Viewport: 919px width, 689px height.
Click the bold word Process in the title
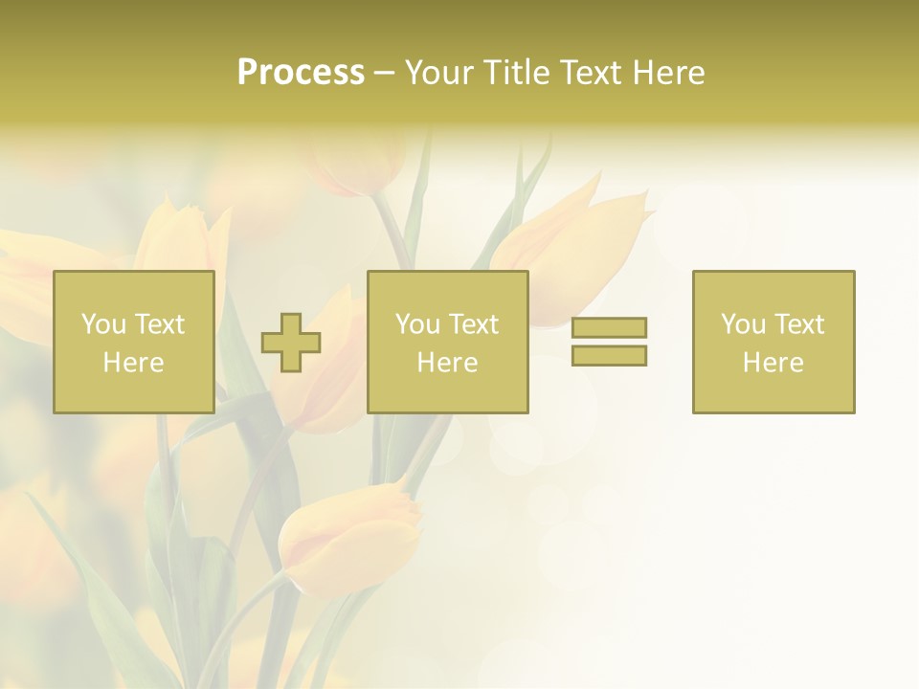301,73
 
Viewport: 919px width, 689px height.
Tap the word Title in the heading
517,73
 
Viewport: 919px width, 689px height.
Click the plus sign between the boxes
291,343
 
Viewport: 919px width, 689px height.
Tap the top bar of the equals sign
609,327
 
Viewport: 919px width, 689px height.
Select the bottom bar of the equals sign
609,356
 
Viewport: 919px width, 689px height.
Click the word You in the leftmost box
103,324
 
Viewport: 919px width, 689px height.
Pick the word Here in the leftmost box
133,363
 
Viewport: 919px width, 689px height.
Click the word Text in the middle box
474,324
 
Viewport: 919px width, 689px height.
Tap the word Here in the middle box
447,363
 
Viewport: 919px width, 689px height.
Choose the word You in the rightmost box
743,324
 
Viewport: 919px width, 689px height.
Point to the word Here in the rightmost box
773,363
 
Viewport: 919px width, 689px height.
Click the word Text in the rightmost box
799,324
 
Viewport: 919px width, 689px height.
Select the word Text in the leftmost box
160,324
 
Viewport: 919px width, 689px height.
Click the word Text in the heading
587,73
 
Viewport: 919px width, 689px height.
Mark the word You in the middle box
417,324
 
